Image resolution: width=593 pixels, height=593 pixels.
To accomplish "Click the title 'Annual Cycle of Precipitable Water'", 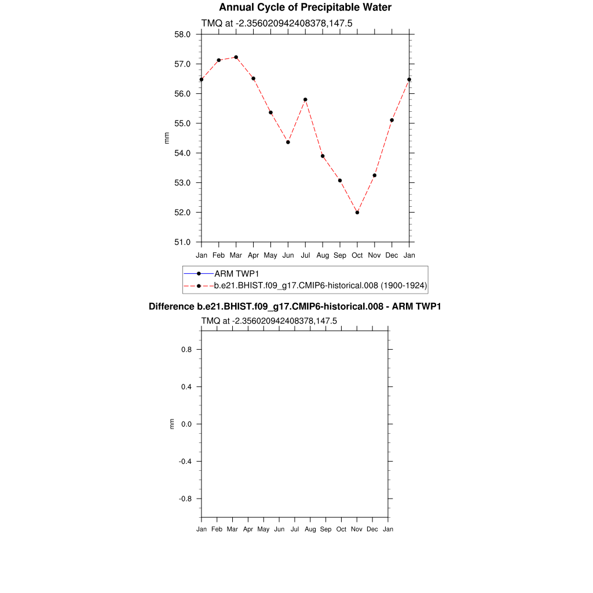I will tap(305, 8).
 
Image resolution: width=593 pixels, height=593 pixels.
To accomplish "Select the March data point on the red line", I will tap(236, 57).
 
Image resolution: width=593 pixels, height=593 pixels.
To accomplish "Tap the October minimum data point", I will tap(357, 213).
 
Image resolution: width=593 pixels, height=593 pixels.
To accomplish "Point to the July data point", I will tap(305, 100).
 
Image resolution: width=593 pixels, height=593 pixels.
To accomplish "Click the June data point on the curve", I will tap(288, 142).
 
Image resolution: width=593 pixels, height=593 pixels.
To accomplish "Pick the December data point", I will tap(392, 120).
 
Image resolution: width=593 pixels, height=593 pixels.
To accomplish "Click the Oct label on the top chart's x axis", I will tap(357, 255).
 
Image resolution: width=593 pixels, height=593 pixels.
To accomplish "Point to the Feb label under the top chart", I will tap(218, 255).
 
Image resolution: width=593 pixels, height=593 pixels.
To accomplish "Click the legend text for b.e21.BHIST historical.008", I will tap(320, 285).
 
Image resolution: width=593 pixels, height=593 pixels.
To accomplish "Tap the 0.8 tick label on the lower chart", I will tap(187, 350).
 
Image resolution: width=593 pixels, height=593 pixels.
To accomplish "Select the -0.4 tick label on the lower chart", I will tap(186, 462).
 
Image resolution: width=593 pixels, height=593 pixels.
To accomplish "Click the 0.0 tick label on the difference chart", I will tap(187, 424).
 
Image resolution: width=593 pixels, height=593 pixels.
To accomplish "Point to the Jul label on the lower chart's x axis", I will tap(295, 529).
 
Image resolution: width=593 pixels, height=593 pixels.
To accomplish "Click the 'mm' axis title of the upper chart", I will tap(167, 138).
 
